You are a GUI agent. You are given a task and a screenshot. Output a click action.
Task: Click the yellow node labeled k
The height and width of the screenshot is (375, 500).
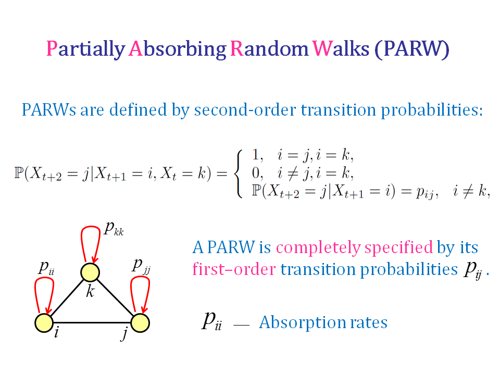[x=90, y=272]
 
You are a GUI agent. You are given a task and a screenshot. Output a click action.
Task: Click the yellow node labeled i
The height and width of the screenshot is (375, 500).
[x=44, y=322]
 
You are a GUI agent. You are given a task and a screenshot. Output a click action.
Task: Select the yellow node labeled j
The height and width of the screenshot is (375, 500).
[x=140, y=322]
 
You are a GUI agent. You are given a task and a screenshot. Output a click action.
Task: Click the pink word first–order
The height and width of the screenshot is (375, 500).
[x=234, y=269]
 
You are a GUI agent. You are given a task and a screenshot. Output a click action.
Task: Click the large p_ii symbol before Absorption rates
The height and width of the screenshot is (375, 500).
[x=211, y=321]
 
